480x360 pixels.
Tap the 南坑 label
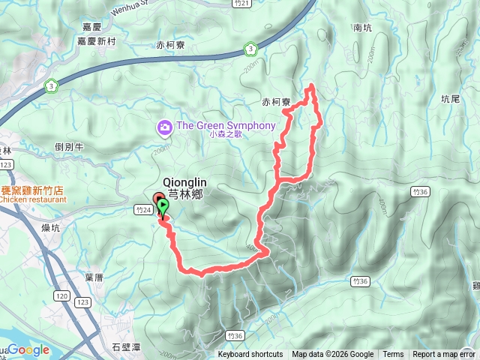pyautogui.click(x=362, y=28)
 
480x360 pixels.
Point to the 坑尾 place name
pyautogui.click(x=450, y=98)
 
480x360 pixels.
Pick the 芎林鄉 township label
pyautogui.click(x=185, y=193)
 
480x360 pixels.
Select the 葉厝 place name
pyautogui.click(x=94, y=277)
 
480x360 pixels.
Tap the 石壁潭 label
pyautogui.click(x=125, y=347)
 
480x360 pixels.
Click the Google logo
pyautogui.click(x=28, y=350)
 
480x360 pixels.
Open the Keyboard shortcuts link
pyautogui.click(x=250, y=355)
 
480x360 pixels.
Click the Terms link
pyautogui.click(x=393, y=355)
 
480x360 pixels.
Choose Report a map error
pyautogui.click(x=443, y=355)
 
